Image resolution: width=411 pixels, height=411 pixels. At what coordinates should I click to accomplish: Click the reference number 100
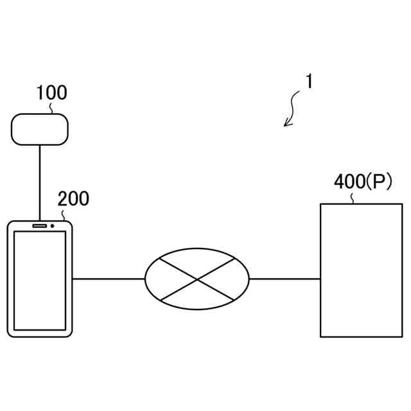point(51,93)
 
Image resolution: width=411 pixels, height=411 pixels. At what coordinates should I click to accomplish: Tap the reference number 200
point(73,199)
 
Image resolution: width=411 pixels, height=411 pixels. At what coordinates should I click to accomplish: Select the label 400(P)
point(362,183)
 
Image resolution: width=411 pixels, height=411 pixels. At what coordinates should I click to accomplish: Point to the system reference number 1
point(309,83)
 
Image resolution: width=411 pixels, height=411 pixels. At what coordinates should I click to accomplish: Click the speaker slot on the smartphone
point(39,226)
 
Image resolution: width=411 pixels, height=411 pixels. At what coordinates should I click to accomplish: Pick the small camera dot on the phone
point(52,226)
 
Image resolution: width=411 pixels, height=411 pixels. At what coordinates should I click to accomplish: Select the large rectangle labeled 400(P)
point(362,270)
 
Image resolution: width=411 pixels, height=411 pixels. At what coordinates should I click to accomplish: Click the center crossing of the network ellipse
point(197,279)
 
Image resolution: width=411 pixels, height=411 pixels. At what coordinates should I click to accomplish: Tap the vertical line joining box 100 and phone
point(40,182)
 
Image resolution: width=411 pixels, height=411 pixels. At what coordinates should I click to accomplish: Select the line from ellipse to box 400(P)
point(284,279)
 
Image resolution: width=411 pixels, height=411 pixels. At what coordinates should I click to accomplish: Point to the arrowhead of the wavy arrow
point(286,124)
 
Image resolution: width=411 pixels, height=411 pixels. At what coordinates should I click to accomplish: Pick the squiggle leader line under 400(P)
point(353,198)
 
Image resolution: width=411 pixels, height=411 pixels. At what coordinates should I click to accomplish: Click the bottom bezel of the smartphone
point(39,333)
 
